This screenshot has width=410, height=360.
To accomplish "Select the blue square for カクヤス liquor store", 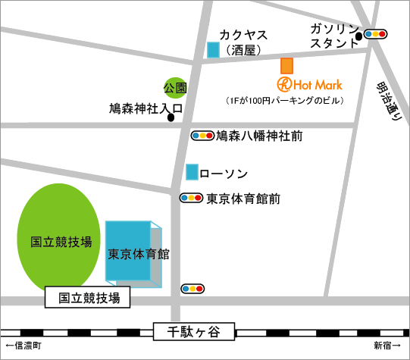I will click(x=214, y=50).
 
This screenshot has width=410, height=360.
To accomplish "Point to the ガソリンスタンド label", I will click(x=334, y=36).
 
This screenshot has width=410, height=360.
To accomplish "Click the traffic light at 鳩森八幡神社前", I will click(x=202, y=136).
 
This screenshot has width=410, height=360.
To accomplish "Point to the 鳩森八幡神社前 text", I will click(x=259, y=136).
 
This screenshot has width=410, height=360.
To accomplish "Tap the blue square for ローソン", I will click(x=192, y=172).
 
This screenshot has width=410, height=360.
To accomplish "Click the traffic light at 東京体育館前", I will click(x=191, y=199).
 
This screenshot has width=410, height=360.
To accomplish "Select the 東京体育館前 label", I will click(x=243, y=199).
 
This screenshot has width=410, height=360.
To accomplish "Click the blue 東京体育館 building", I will click(x=133, y=253).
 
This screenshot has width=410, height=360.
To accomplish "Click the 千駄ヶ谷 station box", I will click(x=194, y=331).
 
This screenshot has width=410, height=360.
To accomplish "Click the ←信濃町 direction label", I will click(x=22, y=346).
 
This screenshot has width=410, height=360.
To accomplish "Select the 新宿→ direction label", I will click(x=387, y=346).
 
